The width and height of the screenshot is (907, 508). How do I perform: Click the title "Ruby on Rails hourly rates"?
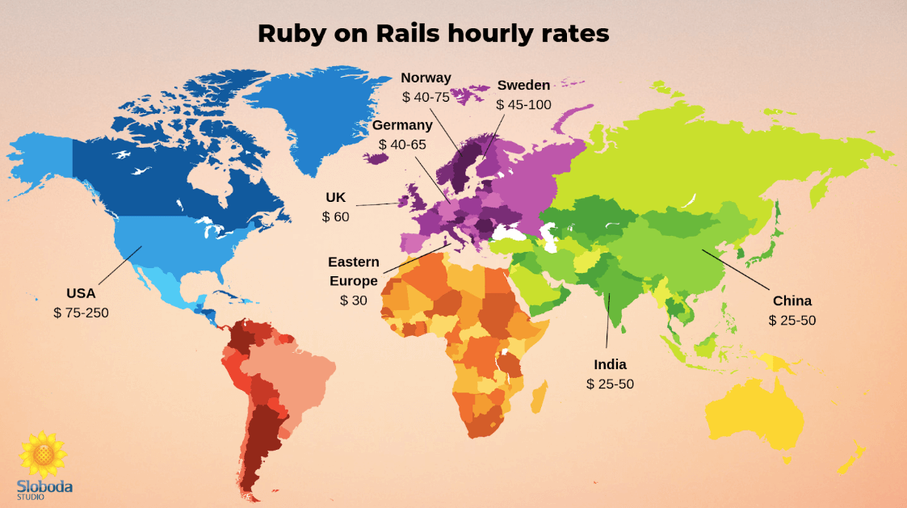tap(433, 33)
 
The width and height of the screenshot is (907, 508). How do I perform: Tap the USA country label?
tap(80, 293)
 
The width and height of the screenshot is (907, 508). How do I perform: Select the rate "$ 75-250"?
tap(80, 313)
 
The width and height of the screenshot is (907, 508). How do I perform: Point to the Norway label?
tap(426, 78)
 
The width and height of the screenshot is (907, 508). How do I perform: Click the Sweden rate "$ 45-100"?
tap(523, 104)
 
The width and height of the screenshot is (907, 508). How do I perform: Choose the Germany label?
tap(402, 125)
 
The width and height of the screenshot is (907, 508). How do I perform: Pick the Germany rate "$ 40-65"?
tap(402, 144)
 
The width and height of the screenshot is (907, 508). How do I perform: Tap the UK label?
tap(335, 197)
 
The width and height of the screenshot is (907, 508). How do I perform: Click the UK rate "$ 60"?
tap(335, 216)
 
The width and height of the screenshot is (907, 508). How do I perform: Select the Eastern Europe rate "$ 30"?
tap(353, 300)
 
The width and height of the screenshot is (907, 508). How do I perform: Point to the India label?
tap(610, 365)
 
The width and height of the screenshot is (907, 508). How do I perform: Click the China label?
tap(792, 301)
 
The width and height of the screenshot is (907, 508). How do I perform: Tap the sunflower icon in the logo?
tap(43, 455)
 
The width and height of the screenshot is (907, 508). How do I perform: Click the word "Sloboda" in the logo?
tap(44, 486)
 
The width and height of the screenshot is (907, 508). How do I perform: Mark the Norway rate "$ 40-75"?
tap(426, 97)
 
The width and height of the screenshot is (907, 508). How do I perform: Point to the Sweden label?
tap(523, 85)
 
